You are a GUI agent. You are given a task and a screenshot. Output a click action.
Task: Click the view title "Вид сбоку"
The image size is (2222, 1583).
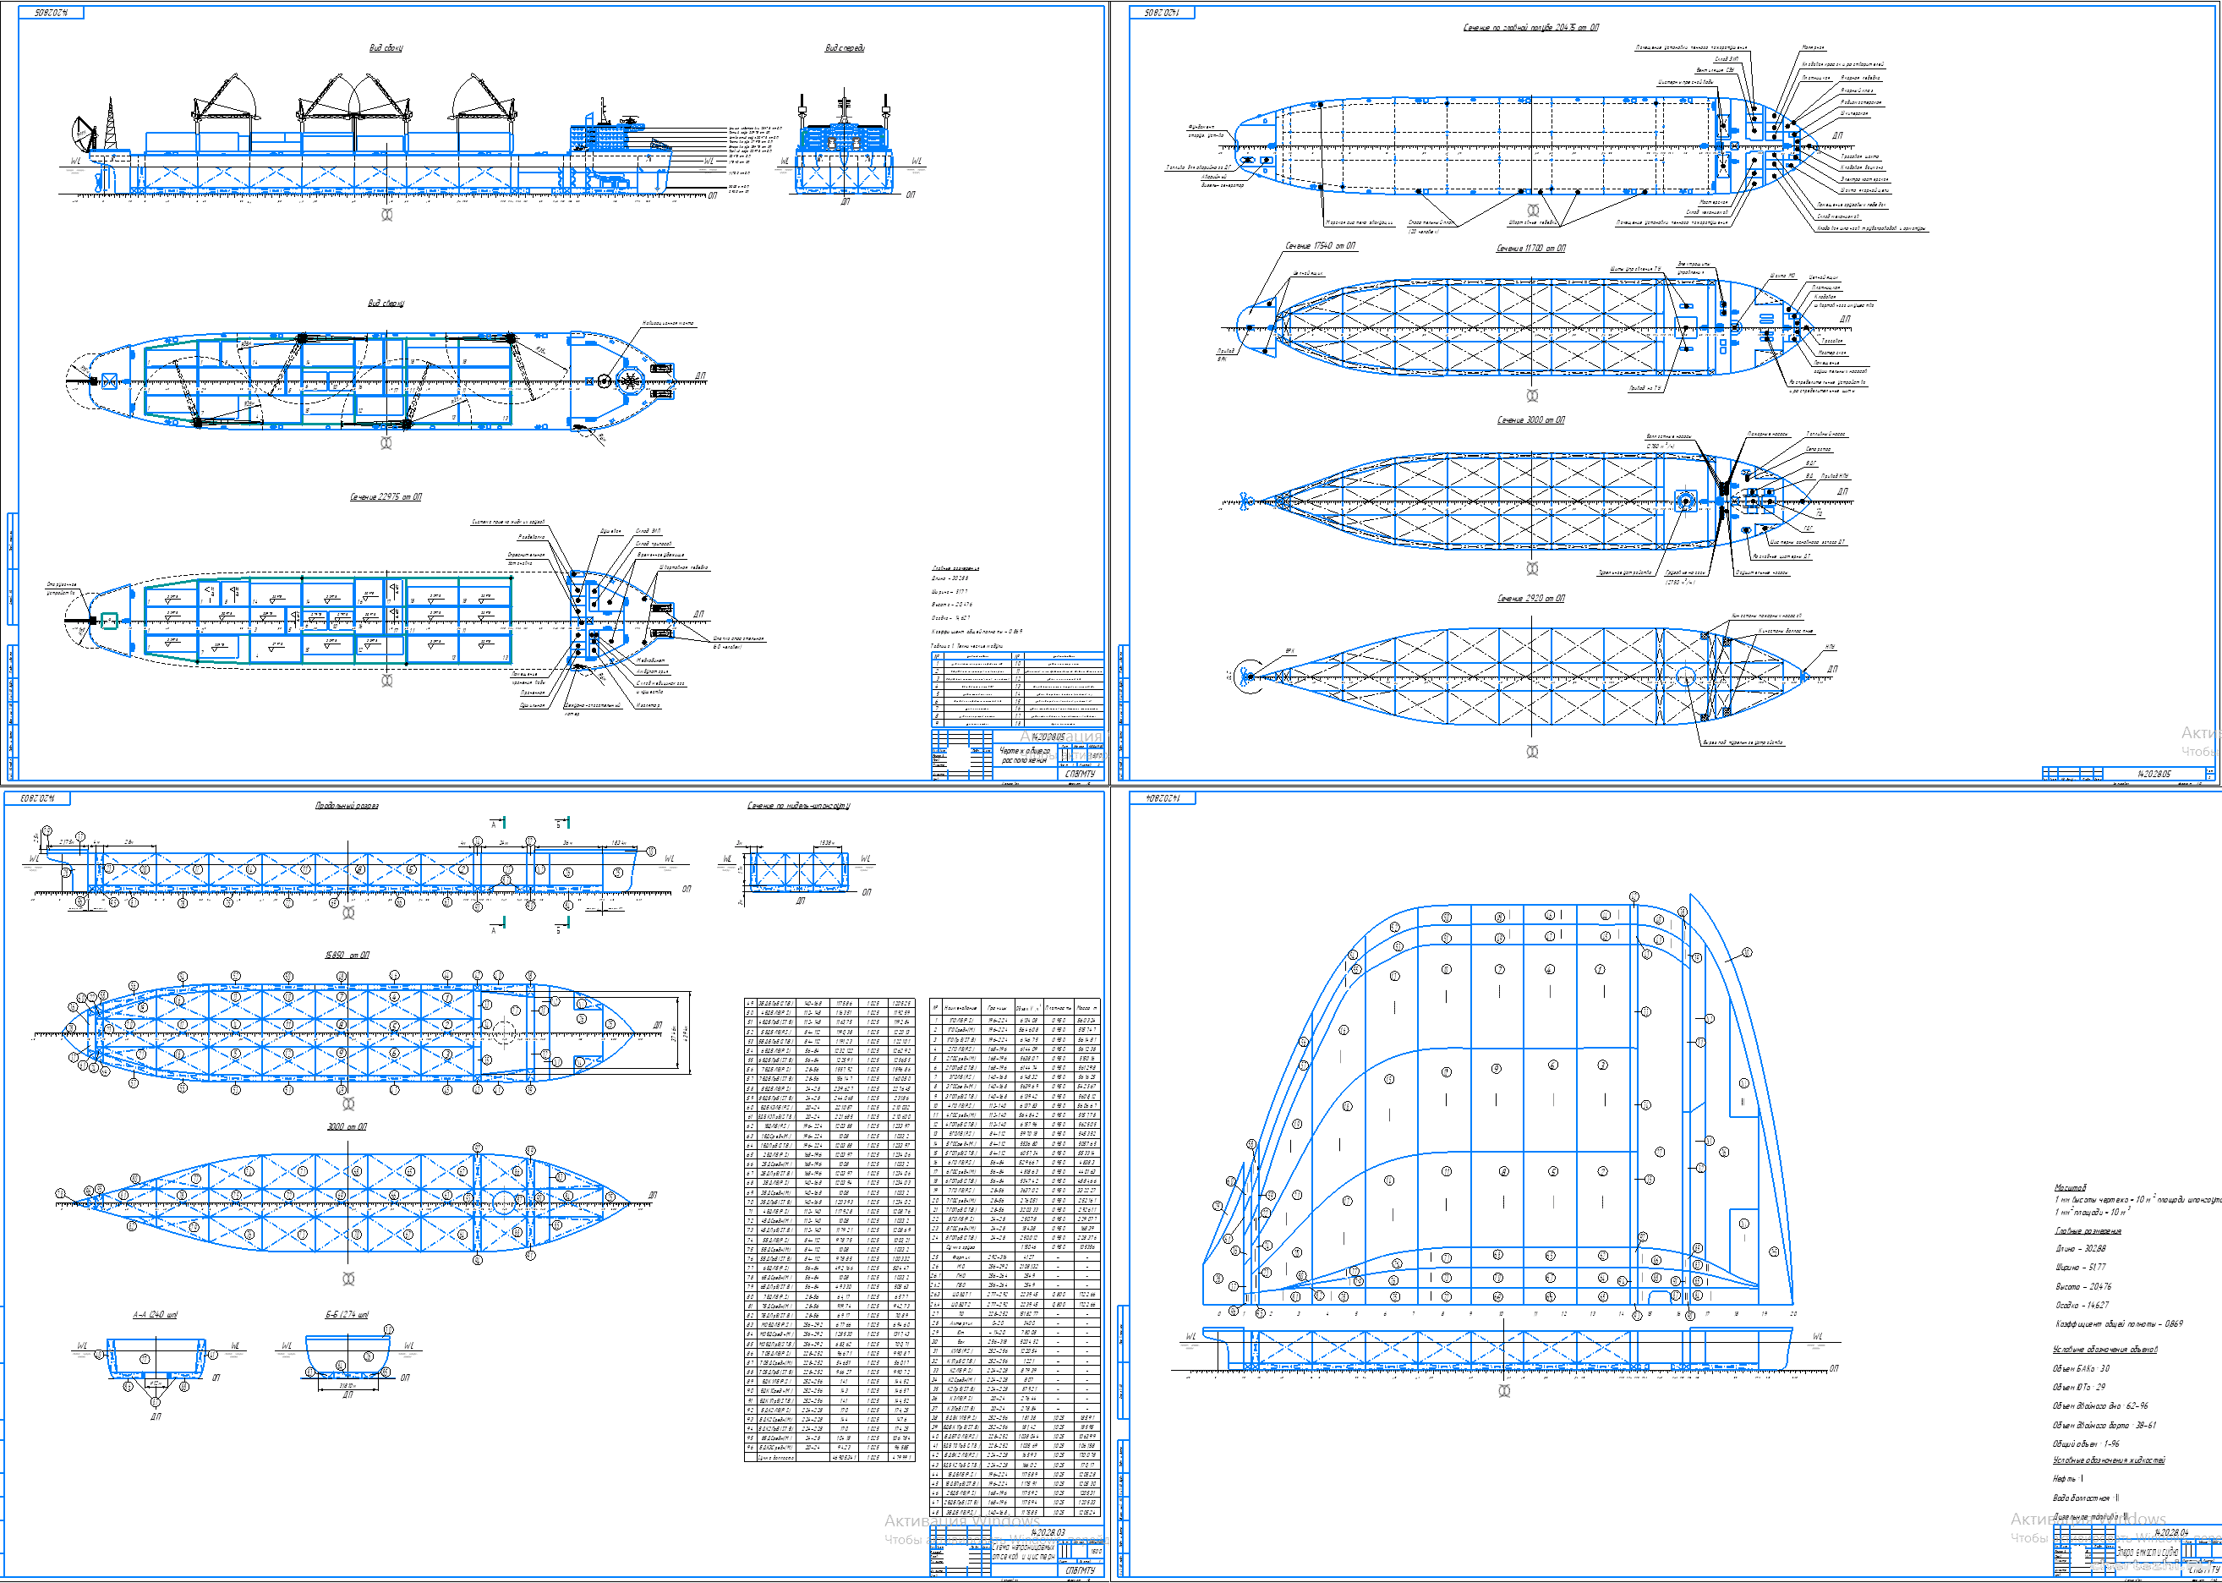pos(386,47)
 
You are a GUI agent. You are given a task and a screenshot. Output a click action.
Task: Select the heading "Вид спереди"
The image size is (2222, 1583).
pos(844,47)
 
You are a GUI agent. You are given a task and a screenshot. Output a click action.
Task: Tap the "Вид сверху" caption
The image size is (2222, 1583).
pos(386,303)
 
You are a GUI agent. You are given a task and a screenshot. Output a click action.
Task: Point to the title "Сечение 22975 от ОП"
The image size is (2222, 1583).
pos(386,497)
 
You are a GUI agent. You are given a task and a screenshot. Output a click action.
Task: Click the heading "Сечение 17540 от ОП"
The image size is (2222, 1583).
pos(1320,245)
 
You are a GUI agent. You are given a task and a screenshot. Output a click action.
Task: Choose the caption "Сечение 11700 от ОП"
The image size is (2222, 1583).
pos(1530,249)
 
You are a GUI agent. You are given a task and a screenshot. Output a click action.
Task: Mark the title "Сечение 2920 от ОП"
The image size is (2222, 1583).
pos(1530,599)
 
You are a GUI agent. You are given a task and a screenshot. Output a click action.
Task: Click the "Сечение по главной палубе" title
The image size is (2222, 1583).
pos(1530,27)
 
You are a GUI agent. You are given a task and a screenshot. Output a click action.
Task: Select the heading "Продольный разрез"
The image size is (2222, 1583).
pos(347,806)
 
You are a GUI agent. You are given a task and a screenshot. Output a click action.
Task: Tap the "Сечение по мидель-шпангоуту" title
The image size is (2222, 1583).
pos(798,806)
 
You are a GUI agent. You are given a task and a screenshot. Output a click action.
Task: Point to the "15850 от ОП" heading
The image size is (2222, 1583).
pos(347,956)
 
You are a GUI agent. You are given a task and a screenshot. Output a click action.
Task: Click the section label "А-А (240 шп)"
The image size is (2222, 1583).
pos(155,1315)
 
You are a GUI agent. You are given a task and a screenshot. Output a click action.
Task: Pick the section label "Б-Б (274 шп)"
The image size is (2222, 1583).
pos(347,1315)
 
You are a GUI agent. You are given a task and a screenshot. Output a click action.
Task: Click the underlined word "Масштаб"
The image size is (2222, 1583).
pos(2070,1187)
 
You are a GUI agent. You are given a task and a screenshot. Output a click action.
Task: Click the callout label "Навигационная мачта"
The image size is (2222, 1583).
pos(668,324)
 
